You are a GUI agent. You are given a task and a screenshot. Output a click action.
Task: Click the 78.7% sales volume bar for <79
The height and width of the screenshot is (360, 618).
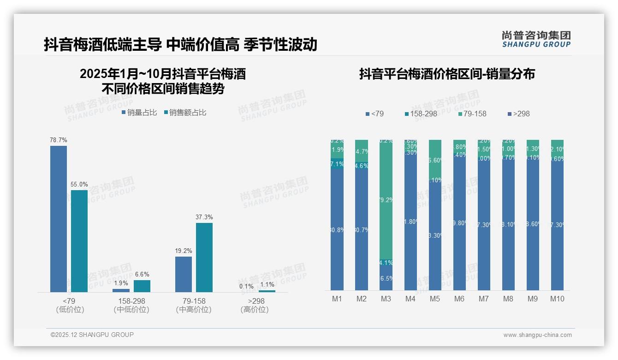(59, 219)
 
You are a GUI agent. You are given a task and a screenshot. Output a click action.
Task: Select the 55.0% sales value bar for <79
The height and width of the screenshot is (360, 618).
(79, 241)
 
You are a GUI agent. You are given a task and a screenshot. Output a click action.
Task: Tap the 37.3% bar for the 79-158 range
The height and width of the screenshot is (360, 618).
(204, 257)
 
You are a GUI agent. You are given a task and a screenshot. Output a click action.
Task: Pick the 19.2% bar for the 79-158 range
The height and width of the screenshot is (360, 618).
(184, 274)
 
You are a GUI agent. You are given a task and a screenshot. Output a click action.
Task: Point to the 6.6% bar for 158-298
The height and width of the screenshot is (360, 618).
(142, 286)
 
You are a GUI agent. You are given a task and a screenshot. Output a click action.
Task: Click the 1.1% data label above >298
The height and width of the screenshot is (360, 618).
(267, 285)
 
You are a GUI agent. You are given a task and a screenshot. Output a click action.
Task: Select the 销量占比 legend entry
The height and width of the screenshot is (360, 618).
(139, 112)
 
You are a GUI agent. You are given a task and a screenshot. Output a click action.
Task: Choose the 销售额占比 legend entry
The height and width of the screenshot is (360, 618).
(185, 112)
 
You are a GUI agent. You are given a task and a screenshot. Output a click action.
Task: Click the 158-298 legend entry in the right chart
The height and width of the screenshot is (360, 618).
(421, 114)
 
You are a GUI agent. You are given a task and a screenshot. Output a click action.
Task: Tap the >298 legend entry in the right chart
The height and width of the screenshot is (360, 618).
(518, 114)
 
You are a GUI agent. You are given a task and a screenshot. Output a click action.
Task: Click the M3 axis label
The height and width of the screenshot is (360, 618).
(386, 299)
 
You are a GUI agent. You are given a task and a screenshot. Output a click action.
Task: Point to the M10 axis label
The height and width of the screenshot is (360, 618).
(557, 299)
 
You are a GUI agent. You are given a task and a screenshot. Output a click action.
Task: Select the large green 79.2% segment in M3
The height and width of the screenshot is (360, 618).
(386, 199)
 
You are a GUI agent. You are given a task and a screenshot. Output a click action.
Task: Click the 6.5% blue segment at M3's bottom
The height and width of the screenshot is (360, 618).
(386, 278)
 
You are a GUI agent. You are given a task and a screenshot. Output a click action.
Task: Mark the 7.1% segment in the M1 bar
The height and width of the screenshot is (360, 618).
(337, 164)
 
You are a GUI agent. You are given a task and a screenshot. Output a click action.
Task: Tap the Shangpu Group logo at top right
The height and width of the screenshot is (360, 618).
(536, 39)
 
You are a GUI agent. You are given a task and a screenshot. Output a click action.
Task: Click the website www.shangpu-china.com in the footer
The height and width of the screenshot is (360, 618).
(537, 335)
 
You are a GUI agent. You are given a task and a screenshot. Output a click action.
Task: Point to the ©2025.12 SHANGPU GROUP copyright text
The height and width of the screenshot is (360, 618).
(92, 335)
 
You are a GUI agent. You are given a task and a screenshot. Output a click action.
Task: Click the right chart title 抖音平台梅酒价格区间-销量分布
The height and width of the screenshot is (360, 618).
(447, 74)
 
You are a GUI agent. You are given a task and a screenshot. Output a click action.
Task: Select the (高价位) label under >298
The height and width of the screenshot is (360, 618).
(255, 310)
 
